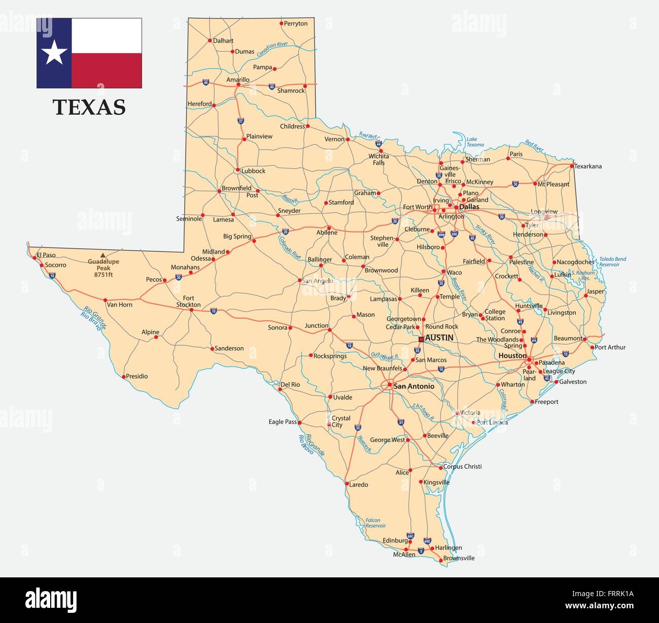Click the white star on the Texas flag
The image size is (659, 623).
coord(54,53)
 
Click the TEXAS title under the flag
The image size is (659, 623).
coord(89,107)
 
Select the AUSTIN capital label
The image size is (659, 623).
coord(439,338)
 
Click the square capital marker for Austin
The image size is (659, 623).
coord(421,339)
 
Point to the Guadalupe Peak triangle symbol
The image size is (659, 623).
coord(103,255)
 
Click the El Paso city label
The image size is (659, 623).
coord(46,255)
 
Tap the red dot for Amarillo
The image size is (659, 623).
coord(238,85)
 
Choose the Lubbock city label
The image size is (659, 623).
coord(253,171)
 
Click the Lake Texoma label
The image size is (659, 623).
coord(474,142)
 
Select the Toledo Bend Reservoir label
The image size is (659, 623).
coord(612,262)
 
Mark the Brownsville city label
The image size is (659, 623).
coord(459,558)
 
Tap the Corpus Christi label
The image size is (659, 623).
coord(462,466)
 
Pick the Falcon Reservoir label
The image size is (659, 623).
coord(376,523)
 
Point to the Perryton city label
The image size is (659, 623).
coord(296,23)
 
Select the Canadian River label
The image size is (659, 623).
coord(272,49)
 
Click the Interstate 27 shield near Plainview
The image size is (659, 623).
coord(241,121)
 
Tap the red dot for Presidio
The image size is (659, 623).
coord(124,377)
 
